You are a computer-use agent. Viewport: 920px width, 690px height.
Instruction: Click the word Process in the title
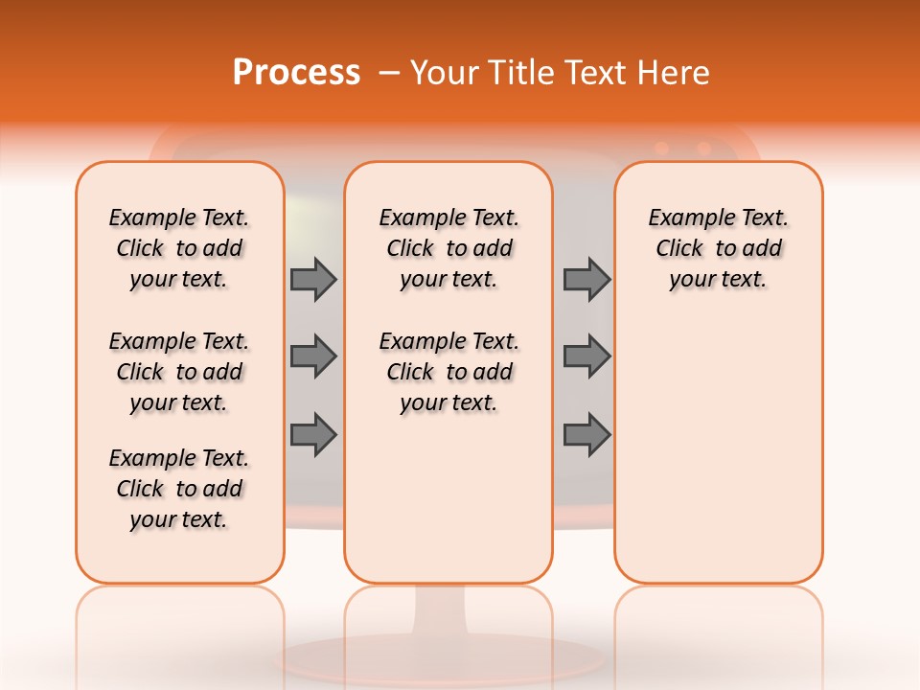(x=296, y=72)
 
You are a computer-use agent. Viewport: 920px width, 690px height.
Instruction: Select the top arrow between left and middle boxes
(x=313, y=279)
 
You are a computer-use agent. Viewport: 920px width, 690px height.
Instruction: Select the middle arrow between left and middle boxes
(x=313, y=356)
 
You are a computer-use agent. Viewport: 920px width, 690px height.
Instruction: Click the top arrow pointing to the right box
(x=586, y=279)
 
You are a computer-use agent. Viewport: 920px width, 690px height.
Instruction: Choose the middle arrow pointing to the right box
(x=586, y=356)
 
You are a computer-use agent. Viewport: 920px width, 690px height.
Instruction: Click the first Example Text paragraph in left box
(x=179, y=248)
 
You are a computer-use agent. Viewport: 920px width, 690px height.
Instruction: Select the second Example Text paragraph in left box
(x=179, y=372)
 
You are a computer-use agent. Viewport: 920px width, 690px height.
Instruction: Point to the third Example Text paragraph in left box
(x=179, y=489)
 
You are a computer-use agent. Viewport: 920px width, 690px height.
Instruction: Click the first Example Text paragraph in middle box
(x=448, y=248)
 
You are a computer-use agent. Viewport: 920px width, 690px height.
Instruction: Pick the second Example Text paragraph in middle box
(x=448, y=372)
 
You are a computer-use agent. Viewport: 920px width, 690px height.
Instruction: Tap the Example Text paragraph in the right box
(x=718, y=248)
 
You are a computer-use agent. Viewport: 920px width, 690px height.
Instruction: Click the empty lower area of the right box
(x=718, y=450)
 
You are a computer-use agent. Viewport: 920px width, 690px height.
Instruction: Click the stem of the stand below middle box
(x=448, y=613)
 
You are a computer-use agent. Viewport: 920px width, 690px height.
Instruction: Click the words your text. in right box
(x=718, y=280)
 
